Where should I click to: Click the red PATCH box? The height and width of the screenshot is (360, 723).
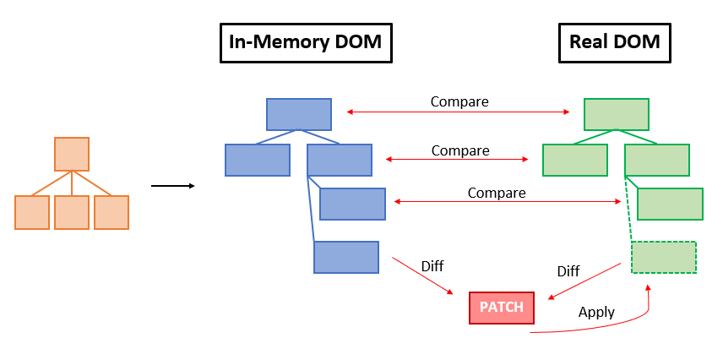[x=502, y=308]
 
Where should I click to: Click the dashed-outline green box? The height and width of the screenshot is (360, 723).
[x=664, y=257]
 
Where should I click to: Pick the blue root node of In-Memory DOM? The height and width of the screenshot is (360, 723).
[x=298, y=114]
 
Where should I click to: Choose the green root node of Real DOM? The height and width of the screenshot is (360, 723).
[x=616, y=114]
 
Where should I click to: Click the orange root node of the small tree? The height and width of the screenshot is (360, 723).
[x=72, y=155]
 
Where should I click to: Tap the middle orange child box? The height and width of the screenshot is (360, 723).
[x=72, y=212]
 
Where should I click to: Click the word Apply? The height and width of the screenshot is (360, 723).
[x=596, y=312]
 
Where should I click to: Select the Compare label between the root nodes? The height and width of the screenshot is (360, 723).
[x=459, y=101]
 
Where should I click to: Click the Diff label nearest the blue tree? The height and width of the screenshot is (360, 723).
[x=432, y=266]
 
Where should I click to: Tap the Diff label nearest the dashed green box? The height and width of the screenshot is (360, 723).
[x=568, y=271]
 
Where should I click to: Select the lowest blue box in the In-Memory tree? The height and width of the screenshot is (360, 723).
[x=346, y=257]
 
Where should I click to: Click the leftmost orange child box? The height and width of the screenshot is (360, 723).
[x=32, y=212]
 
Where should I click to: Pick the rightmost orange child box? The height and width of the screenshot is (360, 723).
[x=111, y=212]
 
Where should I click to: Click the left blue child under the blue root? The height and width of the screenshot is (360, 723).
[x=258, y=160]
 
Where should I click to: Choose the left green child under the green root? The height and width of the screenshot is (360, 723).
[x=574, y=160]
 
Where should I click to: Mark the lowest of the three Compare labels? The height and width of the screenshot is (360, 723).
[x=497, y=193]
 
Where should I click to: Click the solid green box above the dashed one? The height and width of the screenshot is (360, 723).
[x=670, y=204]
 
